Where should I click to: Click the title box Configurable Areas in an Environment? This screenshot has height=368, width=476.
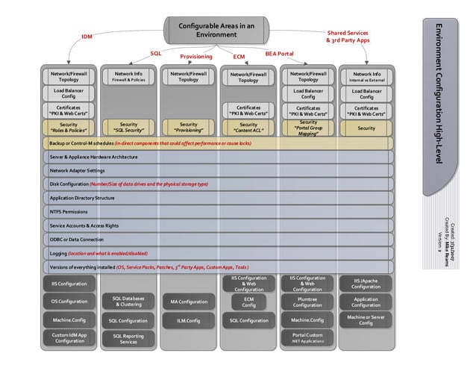[216, 31]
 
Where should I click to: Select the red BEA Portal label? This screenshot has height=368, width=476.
[279, 54]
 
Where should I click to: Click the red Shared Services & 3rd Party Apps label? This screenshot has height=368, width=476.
[347, 37]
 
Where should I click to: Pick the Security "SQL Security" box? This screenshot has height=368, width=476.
[128, 127]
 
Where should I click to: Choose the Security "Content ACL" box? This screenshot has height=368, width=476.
[248, 128]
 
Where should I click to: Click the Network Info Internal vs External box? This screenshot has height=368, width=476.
[366, 78]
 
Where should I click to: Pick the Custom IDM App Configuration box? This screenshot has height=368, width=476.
[69, 338]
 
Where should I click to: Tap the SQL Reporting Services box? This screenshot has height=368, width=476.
[128, 339]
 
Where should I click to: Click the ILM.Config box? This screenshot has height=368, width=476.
[189, 320]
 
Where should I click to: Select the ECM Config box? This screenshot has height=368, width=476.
[248, 302]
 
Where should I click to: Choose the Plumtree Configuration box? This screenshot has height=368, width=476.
[307, 302]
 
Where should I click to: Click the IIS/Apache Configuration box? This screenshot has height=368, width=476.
[366, 284]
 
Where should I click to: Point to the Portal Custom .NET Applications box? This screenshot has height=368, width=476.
[307, 338]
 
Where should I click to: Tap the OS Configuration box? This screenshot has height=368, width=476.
[69, 302]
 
